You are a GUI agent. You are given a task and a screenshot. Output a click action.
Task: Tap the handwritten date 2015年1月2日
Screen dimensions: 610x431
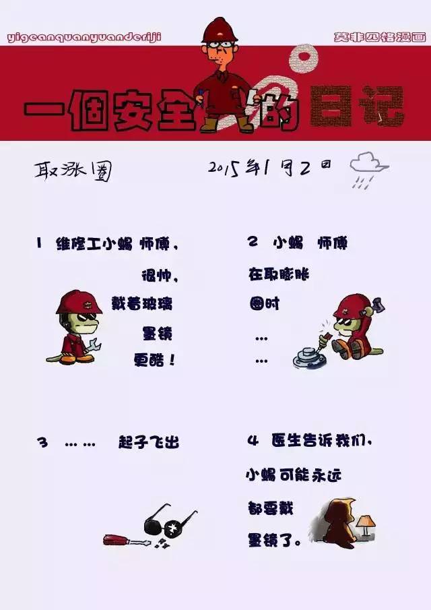pyautogui.click(x=269, y=166)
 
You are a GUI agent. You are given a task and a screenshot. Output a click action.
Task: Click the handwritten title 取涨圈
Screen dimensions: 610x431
pyautogui.click(x=73, y=171)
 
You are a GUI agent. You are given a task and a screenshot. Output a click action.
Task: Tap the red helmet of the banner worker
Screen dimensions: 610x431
pyautogui.click(x=220, y=30)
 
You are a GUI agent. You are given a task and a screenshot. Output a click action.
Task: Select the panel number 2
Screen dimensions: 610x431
pyautogui.click(x=253, y=243)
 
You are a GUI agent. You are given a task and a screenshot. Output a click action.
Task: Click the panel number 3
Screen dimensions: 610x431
pyautogui.click(x=42, y=443)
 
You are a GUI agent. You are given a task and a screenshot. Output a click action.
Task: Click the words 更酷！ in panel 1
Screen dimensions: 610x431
pyautogui.click(x=154, y=359)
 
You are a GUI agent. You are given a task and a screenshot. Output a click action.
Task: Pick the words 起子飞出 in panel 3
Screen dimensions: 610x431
pyautogui.click(x=149, y=443)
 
